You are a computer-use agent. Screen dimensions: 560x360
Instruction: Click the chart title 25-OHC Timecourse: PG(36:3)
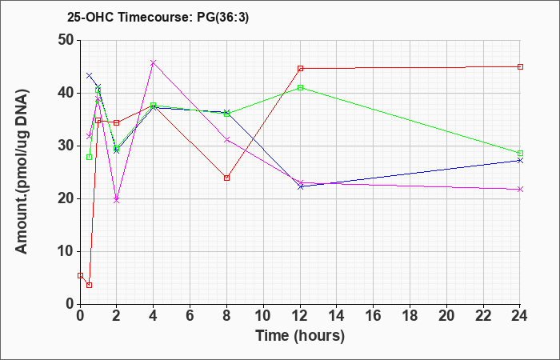pyautogui.click(x=158, y=17)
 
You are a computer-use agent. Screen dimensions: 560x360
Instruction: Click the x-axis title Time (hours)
pyautogui.click(x=300, y=336)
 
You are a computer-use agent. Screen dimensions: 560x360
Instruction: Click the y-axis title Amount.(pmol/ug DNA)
pyautogui.click(x=22, y=172)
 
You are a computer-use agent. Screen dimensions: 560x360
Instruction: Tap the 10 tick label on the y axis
pyautogui.click(x=66, y=251)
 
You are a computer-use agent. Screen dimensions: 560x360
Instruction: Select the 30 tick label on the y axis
pyautogui.click(x=66, y=146)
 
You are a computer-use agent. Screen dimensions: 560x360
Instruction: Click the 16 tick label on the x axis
pyautogui.click(x=374, y=316)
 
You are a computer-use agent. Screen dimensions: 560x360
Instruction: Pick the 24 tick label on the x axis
pyautogui.click(x=520, y=316)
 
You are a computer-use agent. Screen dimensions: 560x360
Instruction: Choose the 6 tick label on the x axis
pyautogui.click(x=190, y=316)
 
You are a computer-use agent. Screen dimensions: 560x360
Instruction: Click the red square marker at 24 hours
pyautogui.click(x=520, y=66)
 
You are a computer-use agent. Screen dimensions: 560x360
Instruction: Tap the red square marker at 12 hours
pyautogui.click(x=300, y=68)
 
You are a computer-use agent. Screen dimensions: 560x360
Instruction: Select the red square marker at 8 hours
pyautogui.click(x=226, y=178)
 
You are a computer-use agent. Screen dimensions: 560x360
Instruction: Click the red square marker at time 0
pyautogui.click(x=80, y=275)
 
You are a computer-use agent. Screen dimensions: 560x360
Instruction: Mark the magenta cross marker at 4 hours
pyautogui.click(x=154, y=63)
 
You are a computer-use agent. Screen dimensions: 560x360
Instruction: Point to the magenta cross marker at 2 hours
pyautogui.click(x=117, y=200)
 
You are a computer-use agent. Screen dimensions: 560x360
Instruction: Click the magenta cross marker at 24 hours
pyautogui.click(x=520, y=189)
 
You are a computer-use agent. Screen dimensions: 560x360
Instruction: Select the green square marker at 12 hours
pyautogui.click(x=300, y=87)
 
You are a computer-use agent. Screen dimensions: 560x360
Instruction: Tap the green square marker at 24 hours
pyautogui.click(x=520, y=154)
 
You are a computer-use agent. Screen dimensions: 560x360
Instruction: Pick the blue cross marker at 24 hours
pyautogui.click(x=520, y=160)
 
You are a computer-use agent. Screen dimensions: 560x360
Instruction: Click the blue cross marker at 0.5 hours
pyautogui.click(x=90, y=75)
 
